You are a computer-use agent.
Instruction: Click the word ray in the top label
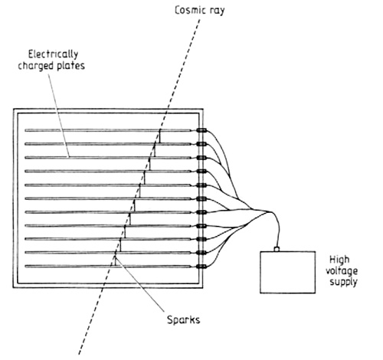click(x=217, y=11)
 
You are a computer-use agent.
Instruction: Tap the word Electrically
click(x=53, y=54)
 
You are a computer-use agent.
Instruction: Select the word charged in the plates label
click(x=36, y=66)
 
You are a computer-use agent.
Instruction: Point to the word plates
click(x=70, y=66)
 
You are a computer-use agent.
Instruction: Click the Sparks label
click(x=183, y=320)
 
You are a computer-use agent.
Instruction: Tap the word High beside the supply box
click(x=339, y=260)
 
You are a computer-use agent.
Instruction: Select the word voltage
click(x=342, y=271)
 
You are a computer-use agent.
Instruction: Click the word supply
click(x=343, y=282)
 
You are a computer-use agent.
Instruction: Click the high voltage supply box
click(x=288, y=272)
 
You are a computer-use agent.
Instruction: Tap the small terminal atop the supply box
click(x=277, y=249)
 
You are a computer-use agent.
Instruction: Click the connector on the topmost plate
click(x=201, y=130)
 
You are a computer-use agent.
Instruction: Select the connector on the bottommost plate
click(x=201, y=267)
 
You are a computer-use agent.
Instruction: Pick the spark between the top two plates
click(x=160, y=137)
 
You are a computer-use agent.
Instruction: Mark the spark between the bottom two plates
click(x=116, y=259)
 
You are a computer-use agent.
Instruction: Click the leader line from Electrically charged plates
click(x=59, y=116)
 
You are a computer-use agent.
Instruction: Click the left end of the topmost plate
click(x=25, y=130)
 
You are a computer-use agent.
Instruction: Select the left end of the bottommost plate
click(x=25, y=267)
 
